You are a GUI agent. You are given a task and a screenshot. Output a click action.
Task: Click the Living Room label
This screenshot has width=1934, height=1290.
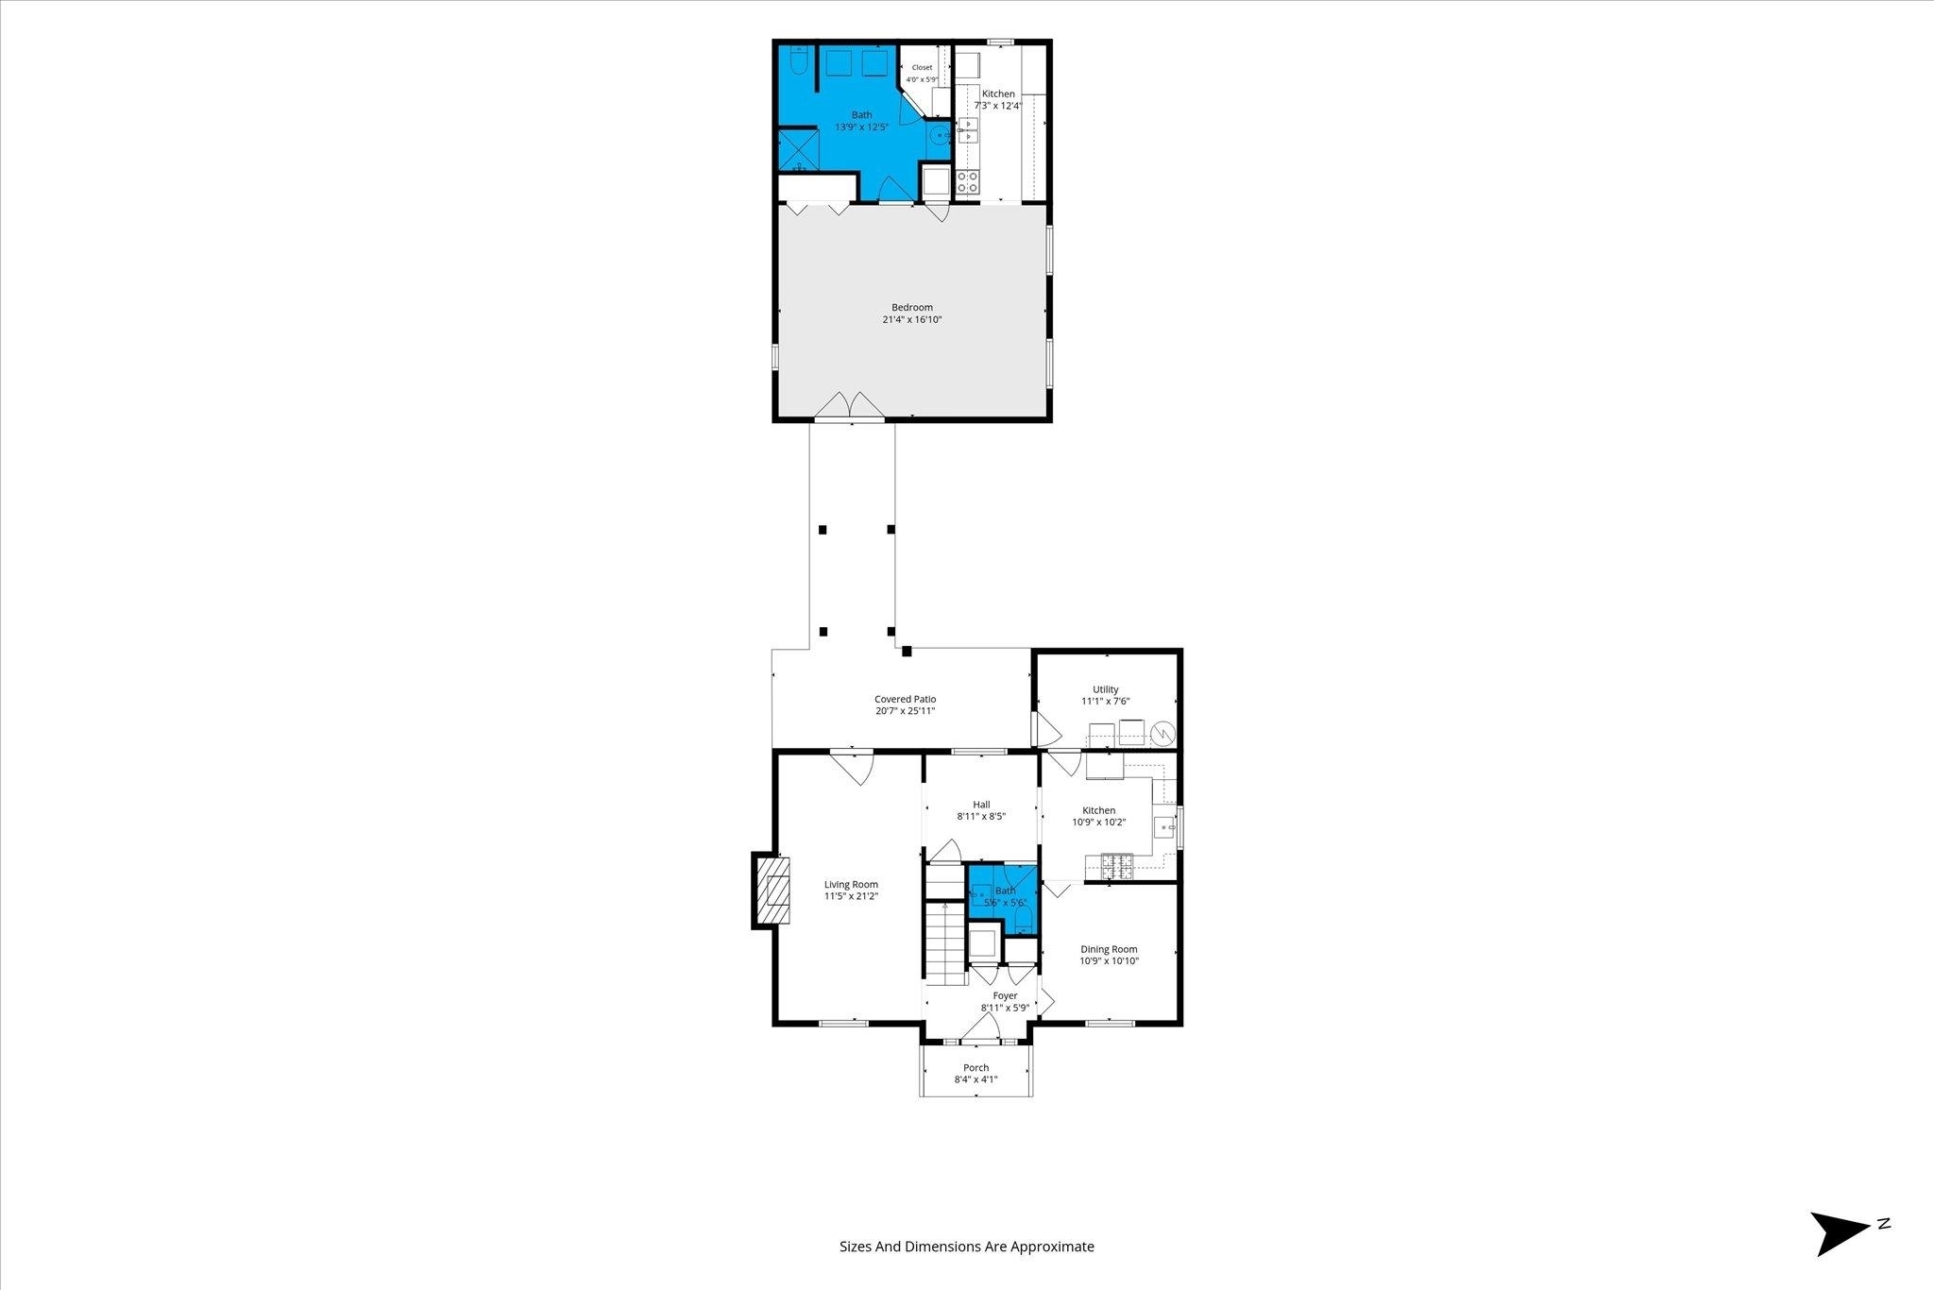[851, 885]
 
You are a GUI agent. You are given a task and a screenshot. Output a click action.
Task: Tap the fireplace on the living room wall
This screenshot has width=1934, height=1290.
[770, 891]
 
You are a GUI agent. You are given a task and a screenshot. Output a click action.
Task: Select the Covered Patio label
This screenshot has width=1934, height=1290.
[905, 699]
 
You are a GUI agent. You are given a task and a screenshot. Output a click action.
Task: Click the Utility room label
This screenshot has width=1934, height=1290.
[1106, 689]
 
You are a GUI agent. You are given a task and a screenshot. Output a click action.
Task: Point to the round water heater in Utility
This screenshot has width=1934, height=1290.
[1162, 733]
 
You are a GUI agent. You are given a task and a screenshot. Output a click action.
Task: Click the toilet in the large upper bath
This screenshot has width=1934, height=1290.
[797, 60]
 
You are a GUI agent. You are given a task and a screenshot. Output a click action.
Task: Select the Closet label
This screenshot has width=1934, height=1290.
[922, 67]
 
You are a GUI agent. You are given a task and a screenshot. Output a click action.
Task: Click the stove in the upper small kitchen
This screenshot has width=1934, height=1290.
[968, 181]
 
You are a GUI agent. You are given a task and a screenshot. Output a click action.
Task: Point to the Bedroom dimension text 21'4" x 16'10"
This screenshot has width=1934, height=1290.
[912, 319]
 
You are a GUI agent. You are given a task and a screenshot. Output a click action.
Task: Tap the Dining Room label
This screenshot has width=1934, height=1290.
[1110, 949]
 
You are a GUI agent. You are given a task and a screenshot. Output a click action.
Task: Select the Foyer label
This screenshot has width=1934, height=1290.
[1005, 995]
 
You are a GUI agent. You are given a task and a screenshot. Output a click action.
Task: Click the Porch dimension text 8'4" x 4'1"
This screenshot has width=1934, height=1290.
[976, 1078]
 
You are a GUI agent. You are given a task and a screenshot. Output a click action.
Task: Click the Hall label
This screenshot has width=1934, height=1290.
[981, 805]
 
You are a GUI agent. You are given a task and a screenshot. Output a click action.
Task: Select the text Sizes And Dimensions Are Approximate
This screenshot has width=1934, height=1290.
[967, 1247]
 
